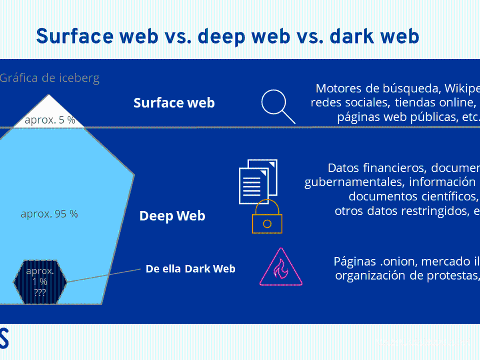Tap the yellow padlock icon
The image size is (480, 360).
point(267,218)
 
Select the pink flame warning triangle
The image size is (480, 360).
point(281,267)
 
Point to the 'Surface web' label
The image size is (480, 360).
point(174,103)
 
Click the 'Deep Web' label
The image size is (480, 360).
point(172,216)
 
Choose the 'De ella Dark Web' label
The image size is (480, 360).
point(190,269)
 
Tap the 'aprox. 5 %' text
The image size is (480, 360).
point(50,120)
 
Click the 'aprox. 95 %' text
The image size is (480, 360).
point(49,214)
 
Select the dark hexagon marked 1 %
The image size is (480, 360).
point(40,282)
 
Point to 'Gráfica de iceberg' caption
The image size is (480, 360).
point(49,78)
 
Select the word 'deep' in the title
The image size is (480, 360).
point(220,36)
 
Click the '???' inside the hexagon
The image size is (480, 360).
point(40,292)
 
